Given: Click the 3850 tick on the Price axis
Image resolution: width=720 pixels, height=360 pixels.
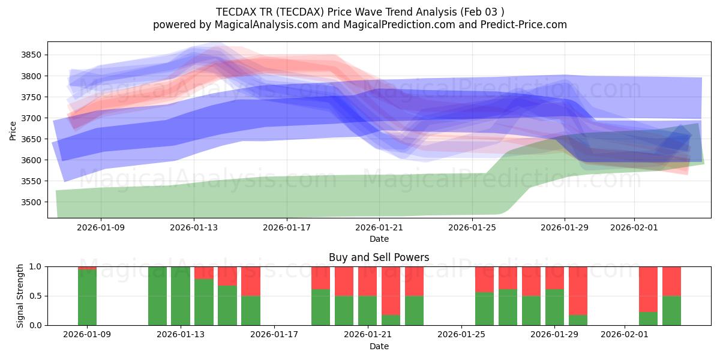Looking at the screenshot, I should click(32, 55).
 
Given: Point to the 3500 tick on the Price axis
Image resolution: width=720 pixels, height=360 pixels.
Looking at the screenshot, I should click(32, 202).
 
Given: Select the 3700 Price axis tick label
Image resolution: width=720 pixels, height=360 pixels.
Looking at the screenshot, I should click(32, 118).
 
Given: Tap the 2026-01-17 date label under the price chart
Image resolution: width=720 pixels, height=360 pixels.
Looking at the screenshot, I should click(286, 227).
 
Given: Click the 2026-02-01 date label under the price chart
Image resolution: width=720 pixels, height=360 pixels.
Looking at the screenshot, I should click(634, 227).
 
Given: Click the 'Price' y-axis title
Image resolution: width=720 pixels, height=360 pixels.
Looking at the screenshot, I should click(13, 130).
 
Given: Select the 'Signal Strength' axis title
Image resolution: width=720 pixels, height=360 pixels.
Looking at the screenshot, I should click(20, 296).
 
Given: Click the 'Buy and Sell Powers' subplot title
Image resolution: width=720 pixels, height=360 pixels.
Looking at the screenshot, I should click(379, 257).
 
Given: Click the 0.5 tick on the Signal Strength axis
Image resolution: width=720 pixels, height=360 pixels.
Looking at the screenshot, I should click(35, 296).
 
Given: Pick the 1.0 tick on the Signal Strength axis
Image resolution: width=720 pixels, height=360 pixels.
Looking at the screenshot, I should click(35, 266).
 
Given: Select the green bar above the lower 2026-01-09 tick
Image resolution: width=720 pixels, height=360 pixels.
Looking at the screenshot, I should click(88, 297).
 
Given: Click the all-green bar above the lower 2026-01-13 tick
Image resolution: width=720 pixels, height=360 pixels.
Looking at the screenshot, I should click(181, 296).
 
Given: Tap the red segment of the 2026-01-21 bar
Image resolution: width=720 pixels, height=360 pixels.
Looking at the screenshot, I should click(368, 281).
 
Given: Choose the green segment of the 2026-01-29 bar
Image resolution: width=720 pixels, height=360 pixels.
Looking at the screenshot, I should click(554, 307).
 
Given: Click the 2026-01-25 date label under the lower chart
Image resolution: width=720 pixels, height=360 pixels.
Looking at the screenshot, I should click(461, 334).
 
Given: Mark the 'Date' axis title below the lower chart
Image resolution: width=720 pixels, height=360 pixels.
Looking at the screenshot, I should click(379, 346).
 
